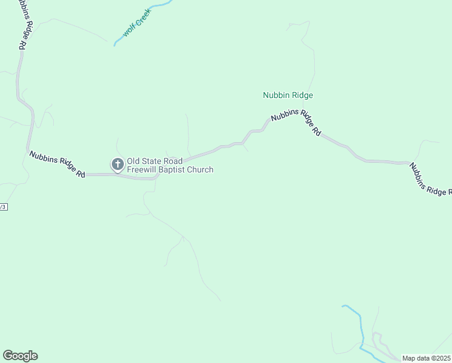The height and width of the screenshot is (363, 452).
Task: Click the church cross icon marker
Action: coord(117,163)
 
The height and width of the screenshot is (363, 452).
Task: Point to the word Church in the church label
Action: coord(201,170)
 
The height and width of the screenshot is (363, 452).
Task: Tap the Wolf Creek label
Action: coord(136,27)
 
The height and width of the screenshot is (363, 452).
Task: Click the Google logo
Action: coord(20,356)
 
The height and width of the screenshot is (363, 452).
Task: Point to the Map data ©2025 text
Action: coord(427,358)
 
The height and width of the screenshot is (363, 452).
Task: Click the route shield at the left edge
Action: coord(3,206)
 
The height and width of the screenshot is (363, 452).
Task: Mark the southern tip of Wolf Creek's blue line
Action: coord(115,45)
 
